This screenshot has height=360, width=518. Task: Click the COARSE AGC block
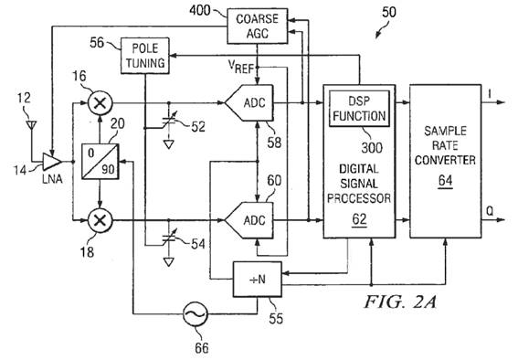click(257, 26)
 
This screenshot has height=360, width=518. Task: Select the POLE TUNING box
click(145, 56)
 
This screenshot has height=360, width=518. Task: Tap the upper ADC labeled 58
click(249, 102)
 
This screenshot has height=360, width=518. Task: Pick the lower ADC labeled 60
click(249, 220)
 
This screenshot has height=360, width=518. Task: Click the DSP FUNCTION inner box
click(359, 109)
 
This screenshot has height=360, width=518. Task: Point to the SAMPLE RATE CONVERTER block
click(445, 161)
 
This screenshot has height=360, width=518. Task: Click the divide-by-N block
click(258, 280)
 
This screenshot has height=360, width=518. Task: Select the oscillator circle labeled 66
click(196, 313)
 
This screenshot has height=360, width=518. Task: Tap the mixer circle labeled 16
click(100, 102)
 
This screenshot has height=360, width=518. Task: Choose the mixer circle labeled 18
click(100, 220)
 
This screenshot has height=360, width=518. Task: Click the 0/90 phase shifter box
click(100, 162)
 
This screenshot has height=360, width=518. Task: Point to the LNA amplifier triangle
click(52, 162)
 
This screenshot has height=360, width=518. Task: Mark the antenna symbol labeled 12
click(31, 126)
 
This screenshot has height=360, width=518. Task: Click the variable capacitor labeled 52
click(169, 122)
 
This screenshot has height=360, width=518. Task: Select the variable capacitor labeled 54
click(169, 238)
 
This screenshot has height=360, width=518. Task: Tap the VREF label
click(241, 67)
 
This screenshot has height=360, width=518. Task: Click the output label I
click(490, 94)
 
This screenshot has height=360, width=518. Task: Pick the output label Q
click(490, 211)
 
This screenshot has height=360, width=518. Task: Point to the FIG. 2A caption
click(400, 302)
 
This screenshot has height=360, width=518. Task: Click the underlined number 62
click(359, 219)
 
